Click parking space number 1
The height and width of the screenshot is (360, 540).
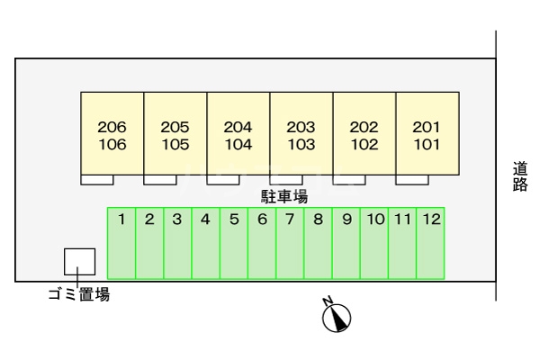[x=121, y=243]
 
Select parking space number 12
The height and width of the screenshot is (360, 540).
[x=431, y=243]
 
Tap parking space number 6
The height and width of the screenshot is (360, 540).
[x=262, y=243]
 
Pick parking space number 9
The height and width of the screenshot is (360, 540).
[x=346, y=243]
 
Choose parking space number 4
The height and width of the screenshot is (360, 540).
[x=206, y=243]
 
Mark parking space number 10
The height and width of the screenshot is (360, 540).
[x=374, y=243]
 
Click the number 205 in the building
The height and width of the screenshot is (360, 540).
[x=175, y=127]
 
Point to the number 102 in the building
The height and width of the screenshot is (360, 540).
[x=364, y=143]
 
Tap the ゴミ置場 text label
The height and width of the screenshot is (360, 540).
[x=78, y=293]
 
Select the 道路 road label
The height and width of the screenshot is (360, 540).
[x=520, y=175]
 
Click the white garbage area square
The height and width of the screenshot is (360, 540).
[x=79, y=262]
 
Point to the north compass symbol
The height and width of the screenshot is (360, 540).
[x=337, y=315]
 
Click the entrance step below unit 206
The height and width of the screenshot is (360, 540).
[x=96, y=179]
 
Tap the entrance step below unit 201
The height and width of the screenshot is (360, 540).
[x=411, y=179]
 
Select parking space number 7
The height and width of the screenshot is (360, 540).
[x=290, y=243]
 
